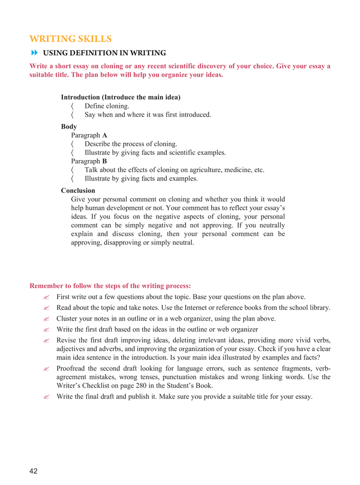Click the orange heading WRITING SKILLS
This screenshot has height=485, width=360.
(x=70, y=38)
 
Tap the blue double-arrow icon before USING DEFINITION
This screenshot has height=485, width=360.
(x=34, y=53)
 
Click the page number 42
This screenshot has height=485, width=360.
(x=33, y=471)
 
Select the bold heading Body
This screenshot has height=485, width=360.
(x=69, y=126)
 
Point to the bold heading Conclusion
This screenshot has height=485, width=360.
(x=78, y=190)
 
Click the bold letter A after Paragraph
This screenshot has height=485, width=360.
(x=104, y=135)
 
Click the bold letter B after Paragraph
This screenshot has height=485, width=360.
(x=104, y=161)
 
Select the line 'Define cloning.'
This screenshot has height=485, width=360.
(x=107, y=106)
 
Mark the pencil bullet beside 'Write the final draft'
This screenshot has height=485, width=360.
(x=46, y=397)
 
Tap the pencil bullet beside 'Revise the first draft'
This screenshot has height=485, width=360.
(x=46, y=341)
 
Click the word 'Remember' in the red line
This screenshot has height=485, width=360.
(x=47, y=285)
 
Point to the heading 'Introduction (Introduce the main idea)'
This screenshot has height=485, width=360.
(x=121, y=97)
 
